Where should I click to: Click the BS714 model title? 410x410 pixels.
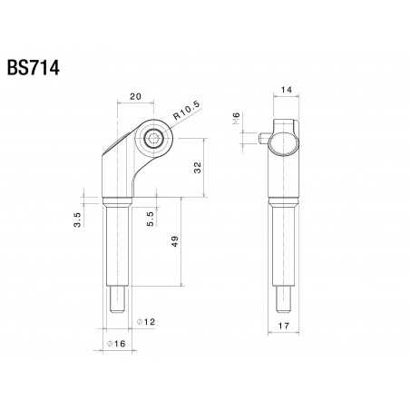(34, 69)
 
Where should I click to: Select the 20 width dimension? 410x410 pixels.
(135, 95)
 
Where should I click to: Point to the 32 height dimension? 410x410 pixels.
(198, 167)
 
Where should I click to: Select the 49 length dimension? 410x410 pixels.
(173, 242)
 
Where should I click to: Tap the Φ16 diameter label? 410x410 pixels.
(115, 344)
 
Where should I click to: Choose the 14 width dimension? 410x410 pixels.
(284, 91)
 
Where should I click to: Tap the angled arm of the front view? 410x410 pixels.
(122, 163)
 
